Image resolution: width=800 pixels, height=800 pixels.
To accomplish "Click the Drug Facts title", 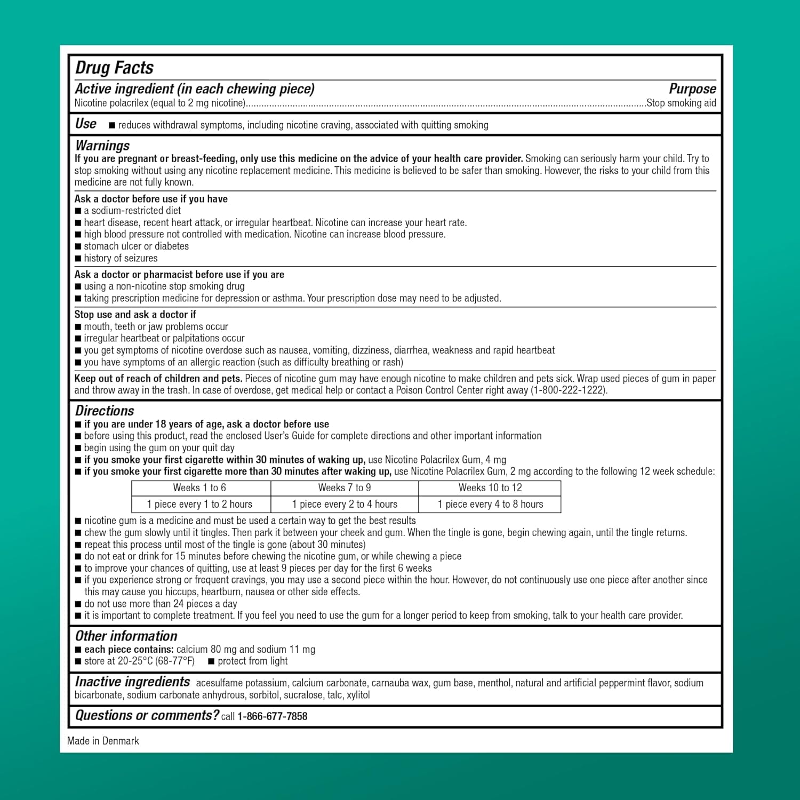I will click(114, 68).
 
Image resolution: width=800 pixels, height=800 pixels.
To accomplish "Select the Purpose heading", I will click(692, 89).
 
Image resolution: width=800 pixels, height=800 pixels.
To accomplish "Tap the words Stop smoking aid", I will click(681, 103).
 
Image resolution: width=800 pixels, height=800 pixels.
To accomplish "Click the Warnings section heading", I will click(102, 145).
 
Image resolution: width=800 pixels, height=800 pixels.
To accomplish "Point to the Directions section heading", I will click(105, 411).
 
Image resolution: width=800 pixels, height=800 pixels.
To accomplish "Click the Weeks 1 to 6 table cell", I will click(199, 487).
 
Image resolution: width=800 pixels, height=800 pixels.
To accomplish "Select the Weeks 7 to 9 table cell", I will click(345, 487).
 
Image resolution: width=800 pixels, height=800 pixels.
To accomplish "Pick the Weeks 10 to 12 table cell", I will click(490, 487).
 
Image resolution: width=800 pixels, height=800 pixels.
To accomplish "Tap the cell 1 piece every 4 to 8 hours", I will click(490, 504).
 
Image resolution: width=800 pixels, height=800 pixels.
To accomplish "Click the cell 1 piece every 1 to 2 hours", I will click(199, 504).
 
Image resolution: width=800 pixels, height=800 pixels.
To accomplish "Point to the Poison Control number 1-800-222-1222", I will click(568, 390).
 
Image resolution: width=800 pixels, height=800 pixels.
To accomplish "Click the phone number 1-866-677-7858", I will click(272, 716).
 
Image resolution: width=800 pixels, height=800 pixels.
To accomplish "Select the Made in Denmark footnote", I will click(103, 741).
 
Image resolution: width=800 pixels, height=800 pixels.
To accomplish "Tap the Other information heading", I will click(126, 636).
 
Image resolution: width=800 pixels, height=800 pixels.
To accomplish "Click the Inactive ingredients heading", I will click(132, 682).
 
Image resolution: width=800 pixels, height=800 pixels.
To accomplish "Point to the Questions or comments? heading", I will click(147, 715).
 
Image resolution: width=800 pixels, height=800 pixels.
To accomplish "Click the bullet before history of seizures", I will click(78, 259).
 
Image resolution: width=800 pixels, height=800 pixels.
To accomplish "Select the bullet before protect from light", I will click(211, 661).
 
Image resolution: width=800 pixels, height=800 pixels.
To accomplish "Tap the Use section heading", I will click(85, 124).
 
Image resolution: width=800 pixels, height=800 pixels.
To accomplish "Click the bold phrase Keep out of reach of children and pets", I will click(158, 378).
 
